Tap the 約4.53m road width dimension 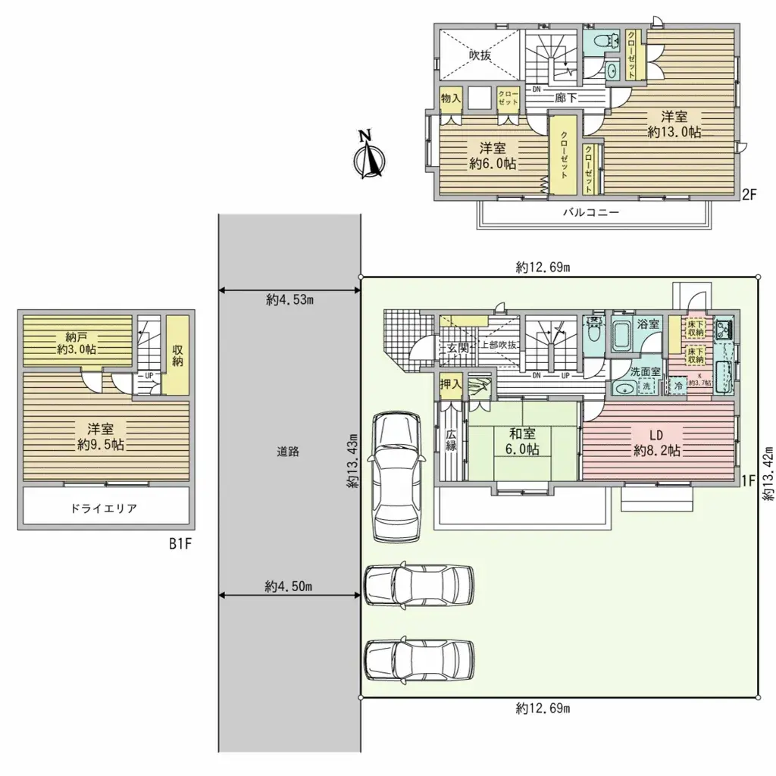pos(289,299)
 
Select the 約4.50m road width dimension pos(289,586)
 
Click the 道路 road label pos(288,452)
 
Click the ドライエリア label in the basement pos(105,508)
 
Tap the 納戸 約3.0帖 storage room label pos(80,342)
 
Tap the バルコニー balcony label pos(590,213)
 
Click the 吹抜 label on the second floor pos(479,55)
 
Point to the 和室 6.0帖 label pos(524,441)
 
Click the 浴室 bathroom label pos(648,324)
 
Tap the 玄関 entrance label pos(457,348)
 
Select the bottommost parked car pos(419,659)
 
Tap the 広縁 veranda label pos(450,441)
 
